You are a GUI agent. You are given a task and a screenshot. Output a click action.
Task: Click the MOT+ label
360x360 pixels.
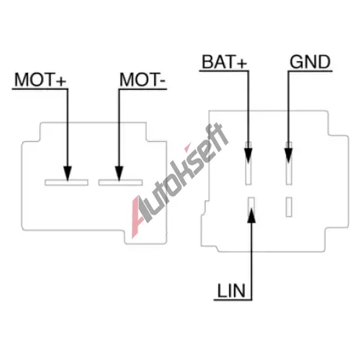coord(40,79)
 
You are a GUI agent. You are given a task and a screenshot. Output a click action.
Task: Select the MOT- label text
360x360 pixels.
coord(143,79)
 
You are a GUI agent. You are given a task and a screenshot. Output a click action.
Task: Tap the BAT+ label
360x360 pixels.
coord(224,62)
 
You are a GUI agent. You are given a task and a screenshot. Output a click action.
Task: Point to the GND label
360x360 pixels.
coord(310,62)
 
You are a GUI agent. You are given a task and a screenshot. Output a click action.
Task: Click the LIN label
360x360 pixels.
coord(231,291)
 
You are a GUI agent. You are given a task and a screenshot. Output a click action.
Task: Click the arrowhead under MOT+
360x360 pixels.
coord(68,174)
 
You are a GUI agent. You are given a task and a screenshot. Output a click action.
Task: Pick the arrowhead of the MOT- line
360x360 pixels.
coord(119,174)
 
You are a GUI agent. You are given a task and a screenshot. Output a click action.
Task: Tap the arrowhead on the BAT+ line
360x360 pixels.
coord(248,156)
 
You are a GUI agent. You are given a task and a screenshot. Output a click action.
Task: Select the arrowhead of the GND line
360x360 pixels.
coord(289,156)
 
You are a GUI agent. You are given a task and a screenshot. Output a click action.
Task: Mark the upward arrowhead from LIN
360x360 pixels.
coord(251,215)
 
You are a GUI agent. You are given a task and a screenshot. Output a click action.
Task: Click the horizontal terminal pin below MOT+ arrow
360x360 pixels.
coord(66,182)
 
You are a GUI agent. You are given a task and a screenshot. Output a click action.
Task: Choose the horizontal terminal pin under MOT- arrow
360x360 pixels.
coord(120,182)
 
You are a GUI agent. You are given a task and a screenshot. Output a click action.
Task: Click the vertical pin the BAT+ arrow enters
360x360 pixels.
coord(248,163)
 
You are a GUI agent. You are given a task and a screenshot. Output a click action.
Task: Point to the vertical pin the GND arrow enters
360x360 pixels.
coord(289,163)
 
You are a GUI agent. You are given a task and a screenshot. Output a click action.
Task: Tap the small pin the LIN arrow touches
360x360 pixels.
coord(251,207)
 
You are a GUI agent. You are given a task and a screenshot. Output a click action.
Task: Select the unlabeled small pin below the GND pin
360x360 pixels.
coord(289,207)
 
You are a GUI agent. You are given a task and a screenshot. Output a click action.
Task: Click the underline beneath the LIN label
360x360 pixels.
coord(233,300)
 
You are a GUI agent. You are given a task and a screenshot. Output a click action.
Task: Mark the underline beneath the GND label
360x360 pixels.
coord(310,71)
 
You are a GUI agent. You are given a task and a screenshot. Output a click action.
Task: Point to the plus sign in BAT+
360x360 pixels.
coord(242,63)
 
